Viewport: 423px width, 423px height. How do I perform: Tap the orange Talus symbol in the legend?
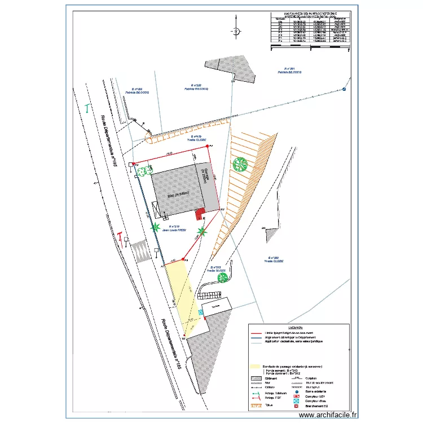256,404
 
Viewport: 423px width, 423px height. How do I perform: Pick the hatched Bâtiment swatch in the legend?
256,378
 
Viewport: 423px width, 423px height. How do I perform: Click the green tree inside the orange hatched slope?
240,164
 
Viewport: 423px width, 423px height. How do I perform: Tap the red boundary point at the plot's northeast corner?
208,146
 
